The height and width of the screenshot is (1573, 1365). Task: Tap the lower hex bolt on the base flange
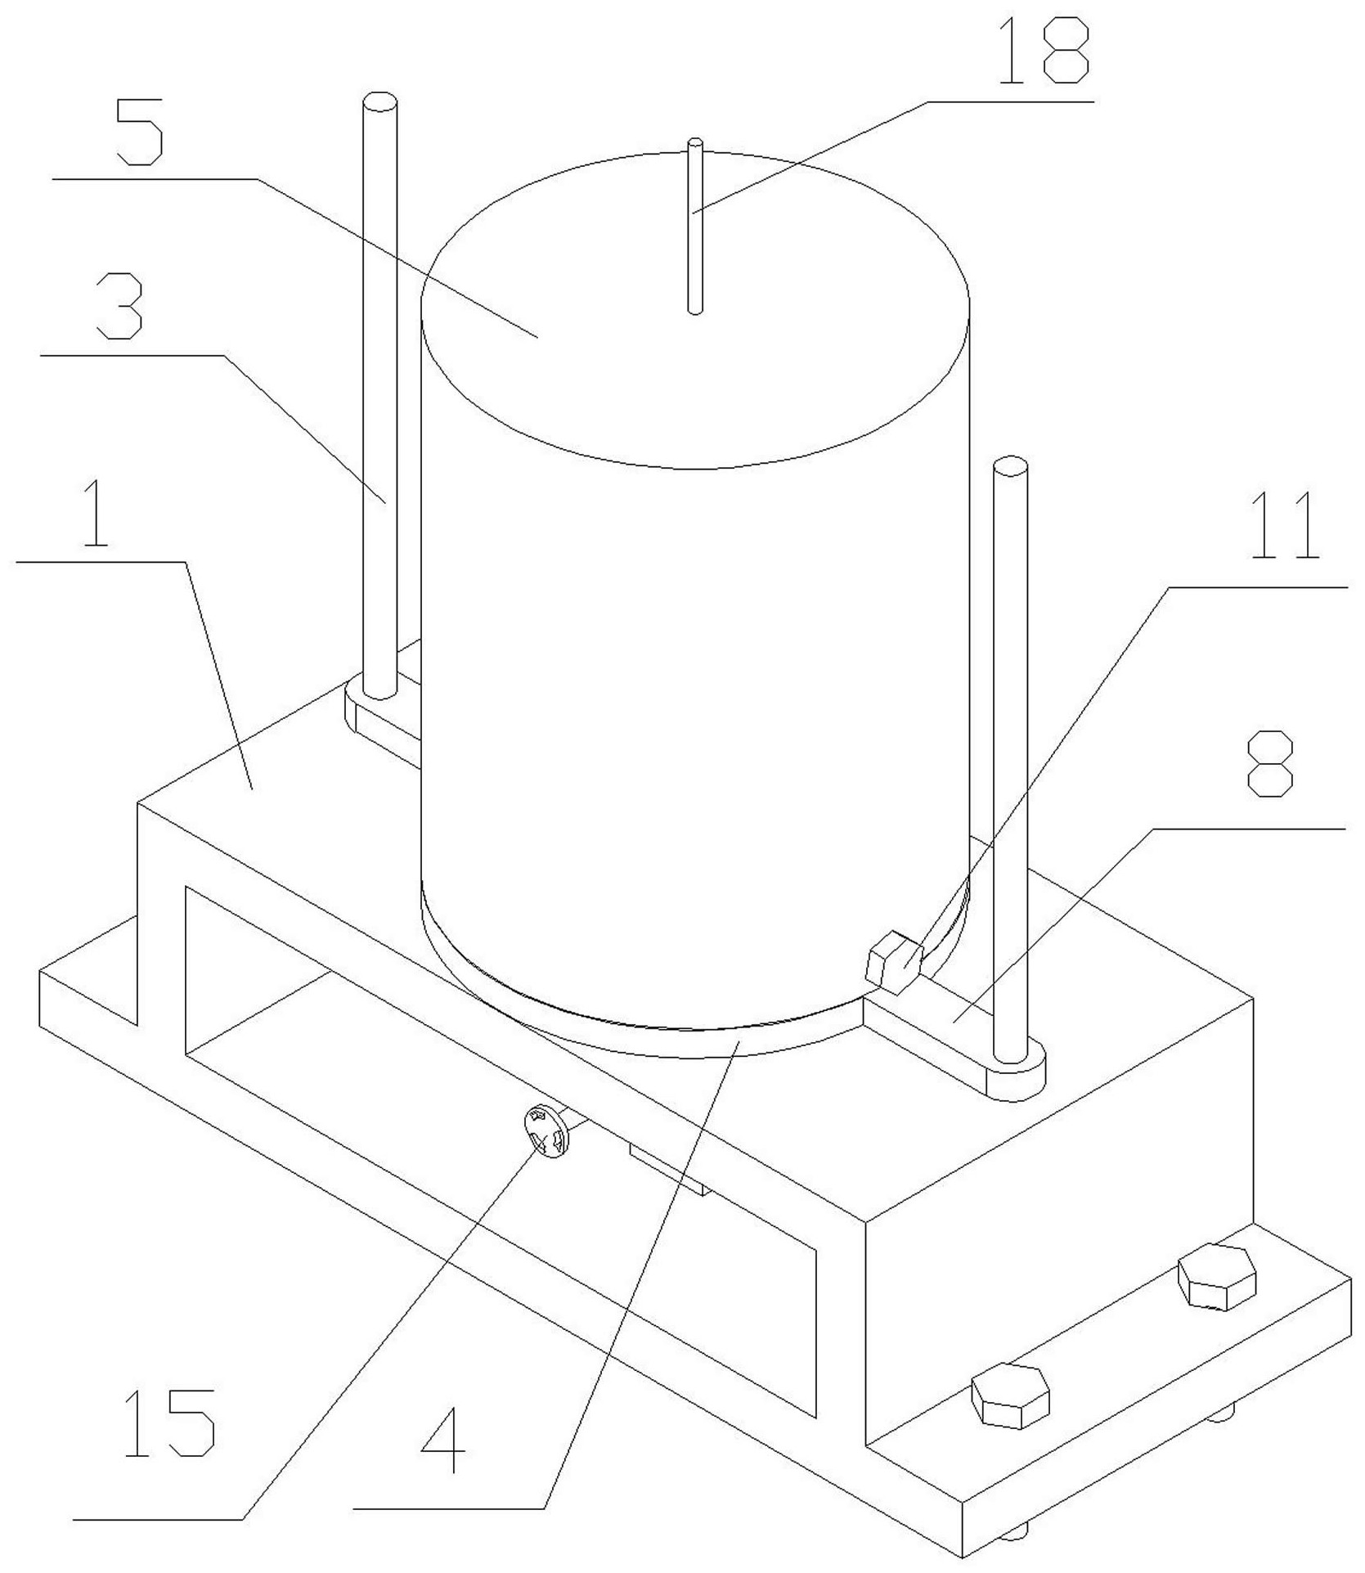(1009, 1395)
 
